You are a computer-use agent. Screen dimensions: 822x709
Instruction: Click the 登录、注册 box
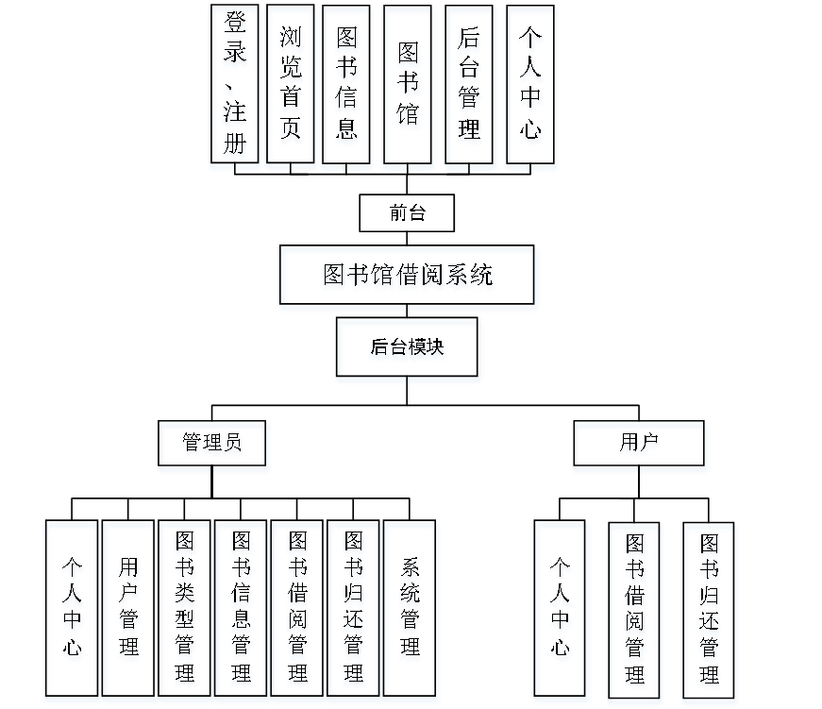[x=234, y=88]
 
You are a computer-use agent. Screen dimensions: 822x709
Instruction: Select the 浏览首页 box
[x=291, y=88]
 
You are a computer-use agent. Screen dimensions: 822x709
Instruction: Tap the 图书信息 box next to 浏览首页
[x=347, y=88]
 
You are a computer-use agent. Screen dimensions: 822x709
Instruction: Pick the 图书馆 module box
[x=409, y=88]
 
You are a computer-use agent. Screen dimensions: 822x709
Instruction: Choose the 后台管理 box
[x=469, y=88]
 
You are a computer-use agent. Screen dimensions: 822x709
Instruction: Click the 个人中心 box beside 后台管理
[x=531, y=88]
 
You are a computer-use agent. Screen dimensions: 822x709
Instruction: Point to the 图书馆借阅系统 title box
[x=409, y=278]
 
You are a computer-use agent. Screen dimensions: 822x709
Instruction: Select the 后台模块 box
[x=408, y=350]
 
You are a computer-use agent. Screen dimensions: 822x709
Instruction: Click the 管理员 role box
[x=213, y=447]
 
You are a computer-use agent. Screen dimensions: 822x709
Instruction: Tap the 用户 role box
[x=639, y=447]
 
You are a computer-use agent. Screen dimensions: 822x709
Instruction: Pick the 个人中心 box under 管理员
[x=72, y=611]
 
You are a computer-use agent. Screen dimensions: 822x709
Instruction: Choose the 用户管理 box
[x=129, y=611]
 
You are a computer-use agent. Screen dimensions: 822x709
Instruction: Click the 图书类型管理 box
[x=186, y=611]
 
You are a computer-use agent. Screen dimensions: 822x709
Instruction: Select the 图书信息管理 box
[x=242, y=611]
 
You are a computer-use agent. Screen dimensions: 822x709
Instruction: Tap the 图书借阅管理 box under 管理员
[x=298, y=611]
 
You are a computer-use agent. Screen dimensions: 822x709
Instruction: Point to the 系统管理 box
[x=411, y=611]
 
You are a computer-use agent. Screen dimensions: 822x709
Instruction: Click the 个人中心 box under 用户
[x=562, y=611]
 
